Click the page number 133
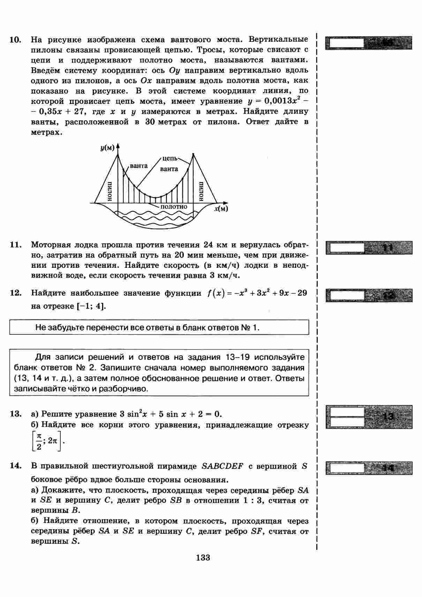coord(203,558)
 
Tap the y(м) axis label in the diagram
coord(107,148)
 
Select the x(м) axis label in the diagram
coord(221,209)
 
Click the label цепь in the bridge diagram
coord(170,158)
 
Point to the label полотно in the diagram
coord(174,207)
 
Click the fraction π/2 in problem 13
coord(39,441)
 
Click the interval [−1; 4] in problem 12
coord(91,307)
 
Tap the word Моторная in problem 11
coord(52,245)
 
